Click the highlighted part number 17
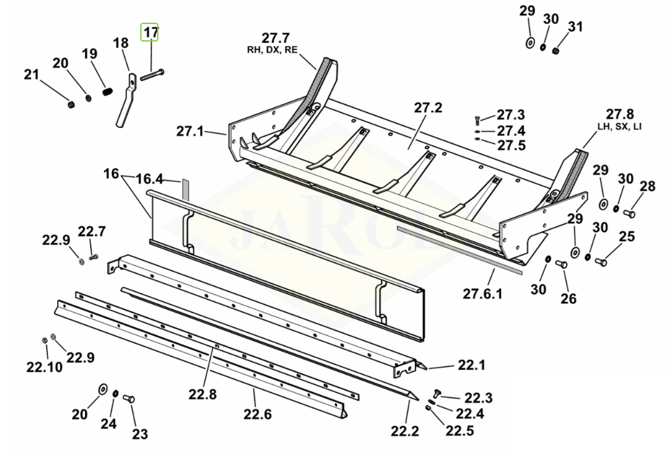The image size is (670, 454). click(x=150, y=32)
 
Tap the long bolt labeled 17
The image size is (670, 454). click(x=152, y=75)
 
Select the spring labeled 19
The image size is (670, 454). click(x=108, y=91)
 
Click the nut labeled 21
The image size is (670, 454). click(x=71, y=105)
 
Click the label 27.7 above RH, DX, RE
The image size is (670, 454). click(x=275, y=38)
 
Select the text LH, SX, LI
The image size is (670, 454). click(x=619, y=127)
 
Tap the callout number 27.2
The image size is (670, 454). click(x=428, y=108)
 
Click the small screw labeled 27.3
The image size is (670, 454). click(x=478, y=120)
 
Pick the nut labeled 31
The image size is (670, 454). click(x=556, y=51)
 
